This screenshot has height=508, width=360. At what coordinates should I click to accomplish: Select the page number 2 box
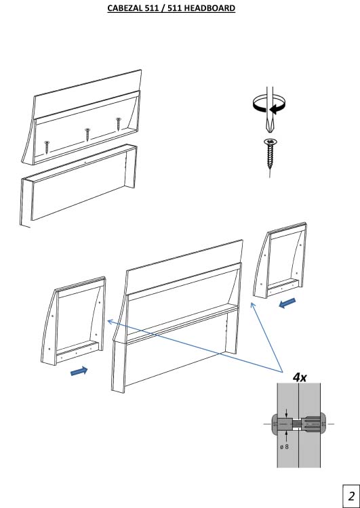pos(351,496)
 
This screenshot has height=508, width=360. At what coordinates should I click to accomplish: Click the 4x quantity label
pos(300,377)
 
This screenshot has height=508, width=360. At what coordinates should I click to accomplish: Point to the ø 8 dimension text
pos(284,447)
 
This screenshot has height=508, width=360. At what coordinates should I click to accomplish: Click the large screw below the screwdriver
pos(270,156)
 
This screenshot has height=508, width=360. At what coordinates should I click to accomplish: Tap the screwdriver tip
pos(269,128)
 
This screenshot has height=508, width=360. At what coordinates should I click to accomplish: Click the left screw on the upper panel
pos(47,147)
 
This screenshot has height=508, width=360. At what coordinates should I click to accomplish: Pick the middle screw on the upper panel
pos(87,134)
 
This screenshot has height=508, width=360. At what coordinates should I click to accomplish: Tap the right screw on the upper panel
pos(119,124)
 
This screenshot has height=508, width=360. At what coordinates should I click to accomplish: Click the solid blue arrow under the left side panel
pos(79,371)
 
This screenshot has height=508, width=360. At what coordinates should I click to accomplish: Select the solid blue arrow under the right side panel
pos(287,303)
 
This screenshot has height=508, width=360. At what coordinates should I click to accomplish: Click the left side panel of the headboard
pos(74,321)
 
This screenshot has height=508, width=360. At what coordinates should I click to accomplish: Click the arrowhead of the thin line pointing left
pos(109,321)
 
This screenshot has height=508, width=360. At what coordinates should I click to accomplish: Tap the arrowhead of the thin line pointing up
pos(253,305)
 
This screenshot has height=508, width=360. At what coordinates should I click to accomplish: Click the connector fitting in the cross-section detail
pos(298,423)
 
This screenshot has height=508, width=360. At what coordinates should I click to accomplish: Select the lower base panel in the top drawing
pos(78,185)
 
